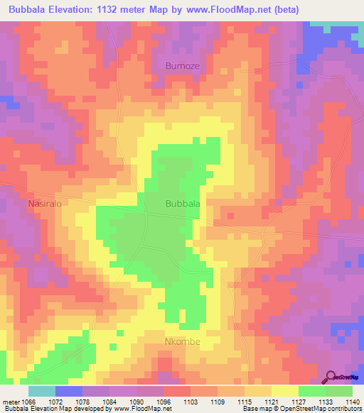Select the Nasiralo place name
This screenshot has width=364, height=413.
[46, 204]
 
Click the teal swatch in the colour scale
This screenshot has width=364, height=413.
[42, 391]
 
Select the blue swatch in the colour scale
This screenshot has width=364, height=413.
[69, 391]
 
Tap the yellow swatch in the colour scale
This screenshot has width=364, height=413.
[285, 391]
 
